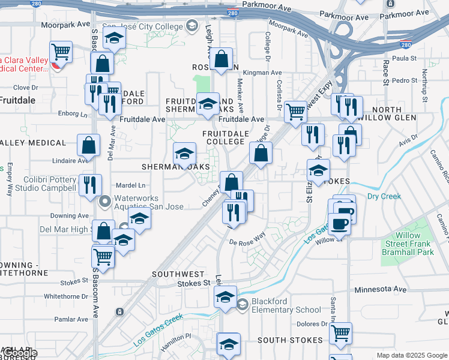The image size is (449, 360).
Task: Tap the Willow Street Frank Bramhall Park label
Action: [408, 244]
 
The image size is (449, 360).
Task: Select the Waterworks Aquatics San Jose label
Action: [149, 202]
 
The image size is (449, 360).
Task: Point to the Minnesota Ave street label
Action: [380, 289]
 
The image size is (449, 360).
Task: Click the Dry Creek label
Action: [384, 196]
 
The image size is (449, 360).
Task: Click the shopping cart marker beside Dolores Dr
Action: [340, 333]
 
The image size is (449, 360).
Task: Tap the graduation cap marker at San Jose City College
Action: [112, 40]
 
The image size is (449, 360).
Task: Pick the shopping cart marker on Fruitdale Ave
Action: [295, 111]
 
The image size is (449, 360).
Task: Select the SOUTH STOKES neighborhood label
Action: [291, 340]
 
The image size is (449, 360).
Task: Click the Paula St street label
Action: [404, 58]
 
